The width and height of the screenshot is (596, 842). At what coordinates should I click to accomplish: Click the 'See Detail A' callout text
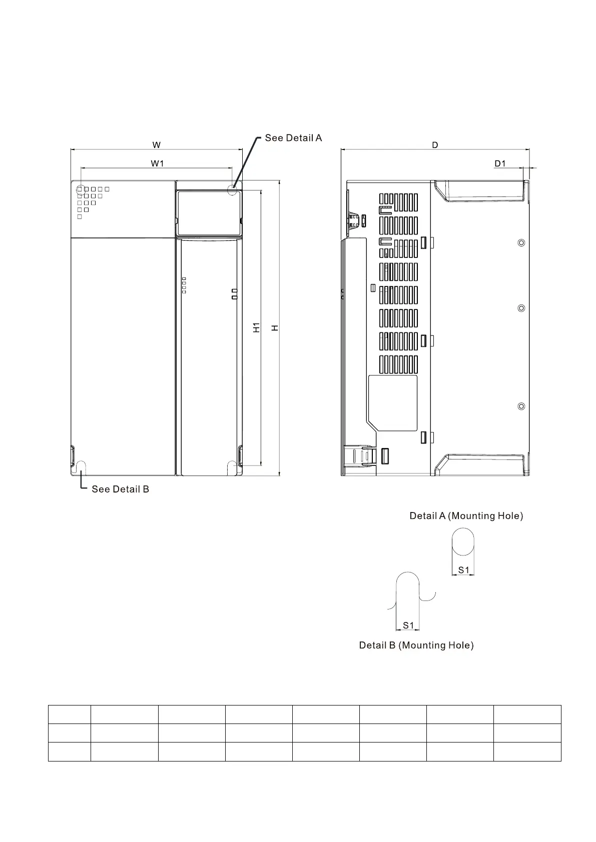pyautogui.click(x=293, y=138)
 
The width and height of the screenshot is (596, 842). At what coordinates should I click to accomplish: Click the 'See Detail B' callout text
pyautogui.click(x=120, y=489)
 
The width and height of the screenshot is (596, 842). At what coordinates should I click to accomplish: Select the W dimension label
pyautogui.click(x=157, y=145)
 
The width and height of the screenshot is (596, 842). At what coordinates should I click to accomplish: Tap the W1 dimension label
pyautogui.click(x=157, y=163)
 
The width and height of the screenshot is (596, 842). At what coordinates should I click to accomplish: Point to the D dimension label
pyautogui.click(x=435, y=145)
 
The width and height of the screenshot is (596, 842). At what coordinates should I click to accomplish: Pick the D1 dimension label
pyautogui.click(x=500, y=163)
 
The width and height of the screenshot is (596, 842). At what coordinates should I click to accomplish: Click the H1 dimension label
pyautogui.click(x=256, y=327)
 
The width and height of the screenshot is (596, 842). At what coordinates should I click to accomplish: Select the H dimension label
pyautogui.click(x=275, y=327)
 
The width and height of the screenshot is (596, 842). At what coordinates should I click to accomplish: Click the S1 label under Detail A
pyautogui.click(x=464, y=570)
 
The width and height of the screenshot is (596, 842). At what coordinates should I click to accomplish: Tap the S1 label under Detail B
pyautogui.click(x=408, y=625)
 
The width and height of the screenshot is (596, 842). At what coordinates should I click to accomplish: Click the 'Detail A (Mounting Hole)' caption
pyautogui.click(x=466, y=516)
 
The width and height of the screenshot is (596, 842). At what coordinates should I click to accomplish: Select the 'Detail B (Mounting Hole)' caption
pyautogui.click(x=416, y=645)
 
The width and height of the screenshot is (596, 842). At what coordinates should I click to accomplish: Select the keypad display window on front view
pyautogui.click(x=209, y=212)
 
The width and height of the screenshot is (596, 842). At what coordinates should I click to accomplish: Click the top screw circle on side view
pyautogui.click(x=521, y=243)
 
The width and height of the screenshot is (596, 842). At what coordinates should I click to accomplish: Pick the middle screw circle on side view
pyautogui.click(x=521, y=308)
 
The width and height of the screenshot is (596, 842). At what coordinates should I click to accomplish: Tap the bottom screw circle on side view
pyautogui.click(x=521, y=406)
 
